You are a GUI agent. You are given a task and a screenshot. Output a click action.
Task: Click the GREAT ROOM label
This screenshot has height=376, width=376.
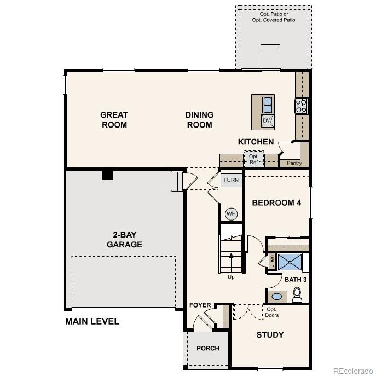114,120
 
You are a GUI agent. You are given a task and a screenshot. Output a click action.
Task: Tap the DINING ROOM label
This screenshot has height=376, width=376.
199,120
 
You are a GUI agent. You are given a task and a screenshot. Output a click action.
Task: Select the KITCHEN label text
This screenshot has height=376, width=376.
256,142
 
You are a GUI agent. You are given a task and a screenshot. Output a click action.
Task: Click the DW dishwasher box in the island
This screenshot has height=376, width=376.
267,121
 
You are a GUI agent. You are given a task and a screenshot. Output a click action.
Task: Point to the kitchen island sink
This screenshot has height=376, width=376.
267,104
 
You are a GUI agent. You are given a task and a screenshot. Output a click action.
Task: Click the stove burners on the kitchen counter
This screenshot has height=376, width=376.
302,105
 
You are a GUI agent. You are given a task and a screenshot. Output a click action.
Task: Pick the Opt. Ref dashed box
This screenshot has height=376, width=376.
254,159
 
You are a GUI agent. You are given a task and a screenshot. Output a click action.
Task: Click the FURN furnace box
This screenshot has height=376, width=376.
230,180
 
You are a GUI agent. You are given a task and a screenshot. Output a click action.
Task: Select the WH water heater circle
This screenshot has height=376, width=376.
231,213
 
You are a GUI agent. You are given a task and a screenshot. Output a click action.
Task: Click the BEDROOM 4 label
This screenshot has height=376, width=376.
276,203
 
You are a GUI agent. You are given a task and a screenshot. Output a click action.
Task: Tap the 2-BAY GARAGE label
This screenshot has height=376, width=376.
124,240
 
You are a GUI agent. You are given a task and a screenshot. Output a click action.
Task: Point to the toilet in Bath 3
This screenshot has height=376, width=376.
297,296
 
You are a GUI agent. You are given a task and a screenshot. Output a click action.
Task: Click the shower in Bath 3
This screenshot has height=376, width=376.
290,262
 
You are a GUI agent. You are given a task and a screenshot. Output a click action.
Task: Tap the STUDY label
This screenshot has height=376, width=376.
270,334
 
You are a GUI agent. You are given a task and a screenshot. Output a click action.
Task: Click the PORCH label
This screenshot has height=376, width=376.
208,348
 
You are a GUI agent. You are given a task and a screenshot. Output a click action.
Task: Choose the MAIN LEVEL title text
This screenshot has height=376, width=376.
92,321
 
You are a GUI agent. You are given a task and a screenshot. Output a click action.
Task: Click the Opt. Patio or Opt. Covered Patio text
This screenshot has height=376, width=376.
273,16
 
